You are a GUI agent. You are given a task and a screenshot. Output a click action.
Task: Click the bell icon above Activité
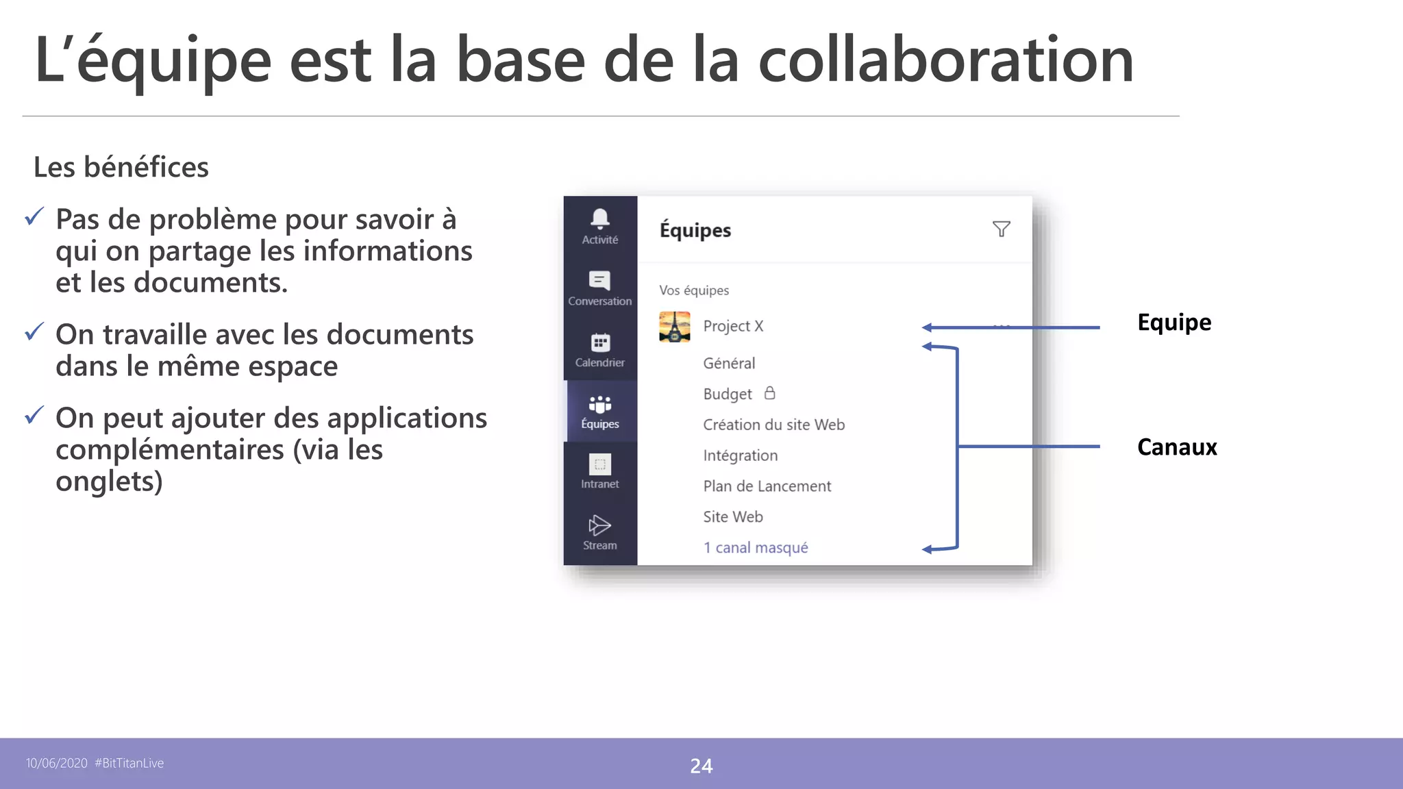tap(600, 218)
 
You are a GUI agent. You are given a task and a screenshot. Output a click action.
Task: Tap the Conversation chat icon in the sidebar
tap(599, 280)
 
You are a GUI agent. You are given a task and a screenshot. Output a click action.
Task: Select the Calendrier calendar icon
tap(600, 342)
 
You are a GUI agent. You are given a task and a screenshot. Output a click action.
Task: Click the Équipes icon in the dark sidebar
tap(600, 404)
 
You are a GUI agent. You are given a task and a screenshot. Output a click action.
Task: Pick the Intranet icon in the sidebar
tap(600, 464)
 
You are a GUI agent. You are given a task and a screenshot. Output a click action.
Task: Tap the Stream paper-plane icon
tap(599, 525)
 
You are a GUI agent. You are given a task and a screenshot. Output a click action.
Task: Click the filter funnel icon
tap(1001, 229)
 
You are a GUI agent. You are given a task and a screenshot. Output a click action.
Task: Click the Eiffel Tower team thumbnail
tap(675, 327)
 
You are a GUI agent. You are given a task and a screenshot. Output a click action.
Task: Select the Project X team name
tap(733, 326)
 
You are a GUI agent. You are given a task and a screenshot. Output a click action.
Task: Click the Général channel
tap(729, 363)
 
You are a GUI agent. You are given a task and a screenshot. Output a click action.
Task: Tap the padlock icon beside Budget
tap(770, 393)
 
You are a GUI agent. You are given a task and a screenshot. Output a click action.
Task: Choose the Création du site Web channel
tap(773, 425)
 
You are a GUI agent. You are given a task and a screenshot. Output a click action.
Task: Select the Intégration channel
tap(740, 455)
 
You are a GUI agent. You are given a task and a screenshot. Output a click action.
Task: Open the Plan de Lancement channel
tap(767, 486)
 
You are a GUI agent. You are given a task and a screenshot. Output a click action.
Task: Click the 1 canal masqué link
tap(756, 548)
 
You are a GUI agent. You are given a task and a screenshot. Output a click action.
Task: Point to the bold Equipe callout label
tap(1174, 323)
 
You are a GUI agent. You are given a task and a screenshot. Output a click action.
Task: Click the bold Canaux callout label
tap(1177, 447)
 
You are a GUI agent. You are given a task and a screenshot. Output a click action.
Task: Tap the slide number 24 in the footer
tap(701, 766)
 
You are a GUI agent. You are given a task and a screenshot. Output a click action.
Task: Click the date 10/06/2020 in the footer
tap(57, 763)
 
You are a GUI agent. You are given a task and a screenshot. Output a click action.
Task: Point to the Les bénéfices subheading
tap(121, 167)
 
